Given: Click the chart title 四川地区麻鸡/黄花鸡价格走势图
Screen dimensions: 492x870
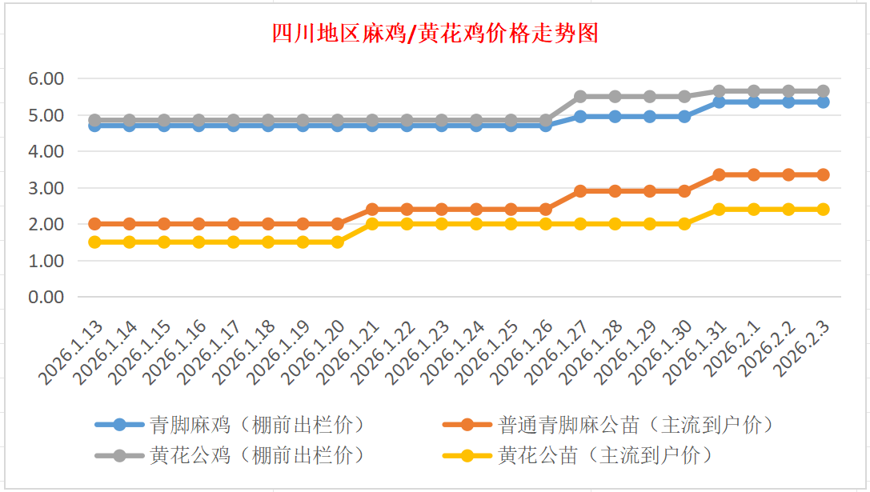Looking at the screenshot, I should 435,34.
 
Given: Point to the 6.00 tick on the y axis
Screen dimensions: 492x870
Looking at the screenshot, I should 46,79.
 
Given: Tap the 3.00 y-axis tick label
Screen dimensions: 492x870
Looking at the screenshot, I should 46,188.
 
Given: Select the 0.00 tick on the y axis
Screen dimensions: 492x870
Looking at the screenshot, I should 46,297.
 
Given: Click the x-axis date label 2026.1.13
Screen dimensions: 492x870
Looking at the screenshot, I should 74,352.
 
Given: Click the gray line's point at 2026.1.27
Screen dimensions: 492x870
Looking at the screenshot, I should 580,97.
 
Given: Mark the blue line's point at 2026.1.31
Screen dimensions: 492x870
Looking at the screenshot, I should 719,102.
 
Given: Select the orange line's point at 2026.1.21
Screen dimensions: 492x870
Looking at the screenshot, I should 372,210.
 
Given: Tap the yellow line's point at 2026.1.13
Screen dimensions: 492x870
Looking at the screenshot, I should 94,242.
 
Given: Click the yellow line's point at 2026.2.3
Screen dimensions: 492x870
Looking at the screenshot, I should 823,210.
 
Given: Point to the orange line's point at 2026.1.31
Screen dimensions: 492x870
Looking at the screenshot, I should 719,174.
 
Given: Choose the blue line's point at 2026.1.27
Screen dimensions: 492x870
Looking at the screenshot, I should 580,117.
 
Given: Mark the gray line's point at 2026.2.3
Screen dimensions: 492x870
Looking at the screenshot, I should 823,91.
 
